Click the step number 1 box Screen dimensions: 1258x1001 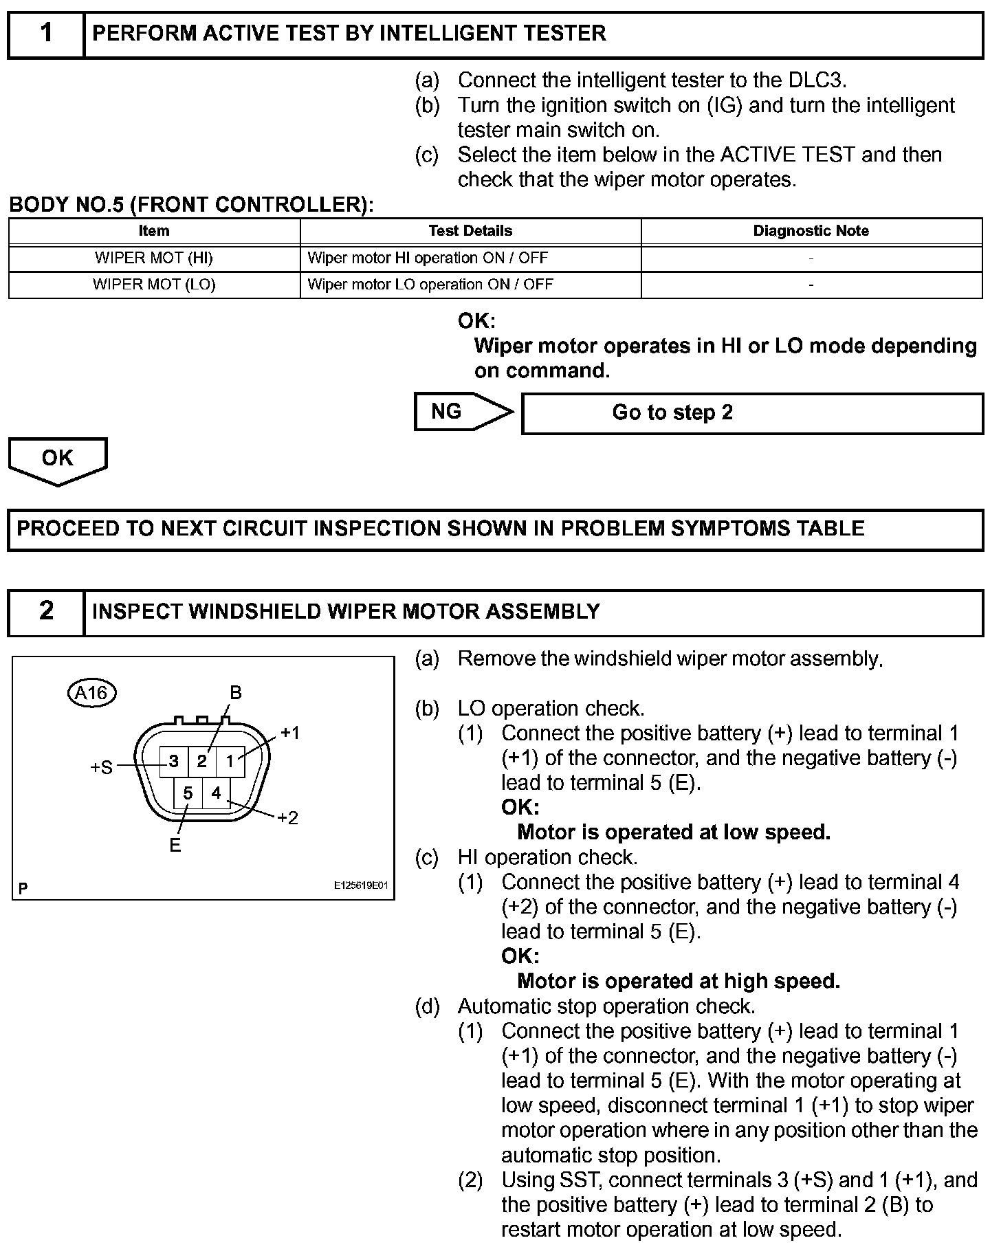46,34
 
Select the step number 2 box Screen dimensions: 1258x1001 46,611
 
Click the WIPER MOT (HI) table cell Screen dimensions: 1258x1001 154,258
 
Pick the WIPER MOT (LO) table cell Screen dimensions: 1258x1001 154,285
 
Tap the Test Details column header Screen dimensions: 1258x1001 470,231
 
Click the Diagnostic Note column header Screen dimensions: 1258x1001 811,231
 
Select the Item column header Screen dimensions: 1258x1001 154,231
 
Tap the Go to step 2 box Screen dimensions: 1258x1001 752,413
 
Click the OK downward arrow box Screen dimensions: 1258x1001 58,459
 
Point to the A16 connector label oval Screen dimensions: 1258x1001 91,693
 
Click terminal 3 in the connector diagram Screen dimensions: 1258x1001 174,761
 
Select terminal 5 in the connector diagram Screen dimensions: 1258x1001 188,793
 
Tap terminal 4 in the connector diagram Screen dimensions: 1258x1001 216,793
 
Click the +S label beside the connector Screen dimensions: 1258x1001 101,768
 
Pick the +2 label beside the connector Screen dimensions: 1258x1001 287,818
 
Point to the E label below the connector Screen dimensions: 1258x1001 175,846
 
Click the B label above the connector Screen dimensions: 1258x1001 235,693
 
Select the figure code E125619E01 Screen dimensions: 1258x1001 361,885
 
